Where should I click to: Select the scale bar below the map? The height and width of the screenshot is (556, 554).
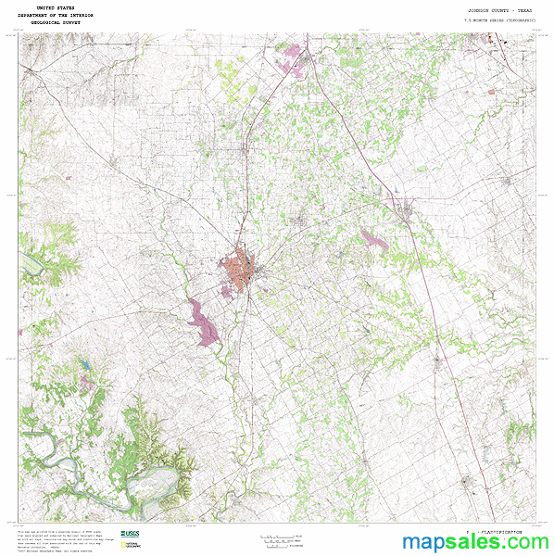pyautogui.click(x=280, y=537)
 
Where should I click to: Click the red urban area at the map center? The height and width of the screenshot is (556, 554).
pyautogui.click(x=243, y=268)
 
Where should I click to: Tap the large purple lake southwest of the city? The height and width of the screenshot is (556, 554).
pyautogui.click(x=203, y=322)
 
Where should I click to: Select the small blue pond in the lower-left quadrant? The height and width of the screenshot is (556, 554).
pyautogui.click(x=84, y=365)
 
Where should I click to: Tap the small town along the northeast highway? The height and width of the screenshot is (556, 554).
pyautogui.click(x=405, y=212)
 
